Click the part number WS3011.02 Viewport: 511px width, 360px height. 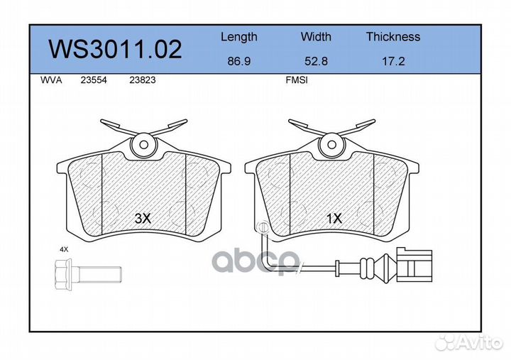tap(114, 49)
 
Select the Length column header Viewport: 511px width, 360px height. tap(238, 37)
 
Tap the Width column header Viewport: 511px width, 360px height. tap(316, 37)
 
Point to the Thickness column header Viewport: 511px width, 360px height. tap(392, 37)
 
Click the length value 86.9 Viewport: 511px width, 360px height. tap(238, 62)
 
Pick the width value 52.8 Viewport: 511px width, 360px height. tap(316, 62)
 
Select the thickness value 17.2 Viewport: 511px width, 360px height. tap(392, 62)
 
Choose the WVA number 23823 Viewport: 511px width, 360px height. tap(142, 81)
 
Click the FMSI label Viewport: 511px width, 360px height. tap(296, 81)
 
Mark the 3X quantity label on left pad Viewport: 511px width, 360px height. tap(143, 219)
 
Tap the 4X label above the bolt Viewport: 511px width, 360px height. tap(65, 250)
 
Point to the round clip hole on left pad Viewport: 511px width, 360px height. tap(143, 144)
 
